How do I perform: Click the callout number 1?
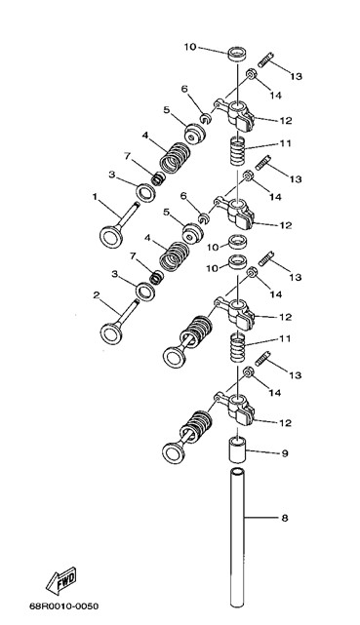95,197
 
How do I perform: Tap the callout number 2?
96,295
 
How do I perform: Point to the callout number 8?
284,518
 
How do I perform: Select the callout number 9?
285,453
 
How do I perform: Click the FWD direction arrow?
61,580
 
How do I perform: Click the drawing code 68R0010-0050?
63,606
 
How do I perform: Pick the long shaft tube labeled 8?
237,537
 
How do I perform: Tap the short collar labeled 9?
237,449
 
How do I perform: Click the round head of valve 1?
111,237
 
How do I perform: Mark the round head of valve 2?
111,333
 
